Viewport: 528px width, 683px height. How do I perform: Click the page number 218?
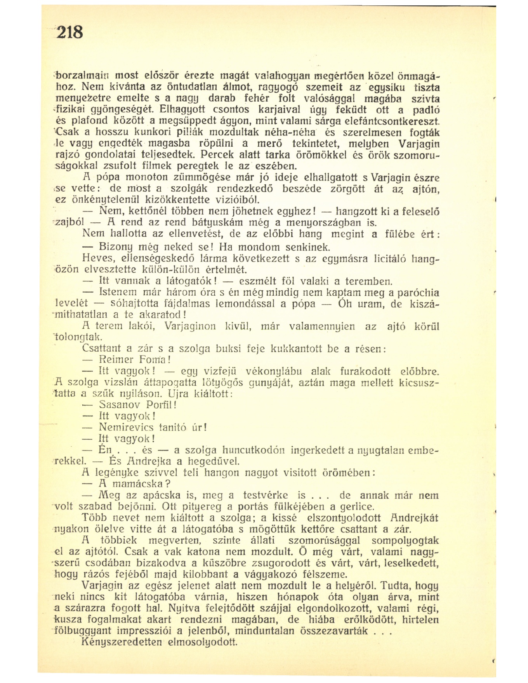(x=70, y=31)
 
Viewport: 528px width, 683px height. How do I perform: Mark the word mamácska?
(x=136, y=484)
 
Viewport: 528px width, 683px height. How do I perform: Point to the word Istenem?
(x=116, y=292)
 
